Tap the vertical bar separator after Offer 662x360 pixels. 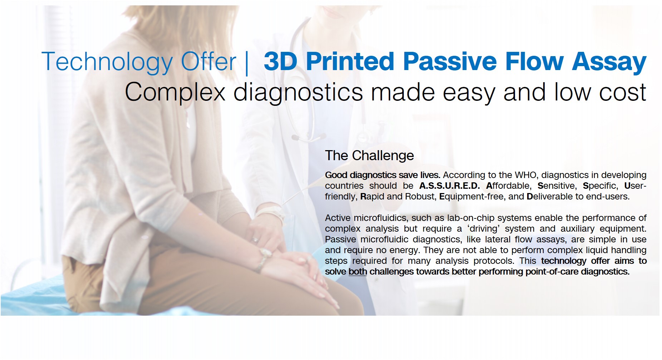tap(247, 63)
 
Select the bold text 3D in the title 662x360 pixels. tap(280, 61)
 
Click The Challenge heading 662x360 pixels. tap(369, 156)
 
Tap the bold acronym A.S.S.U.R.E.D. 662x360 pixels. tap(450, 186)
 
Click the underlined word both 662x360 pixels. tap(358, 272)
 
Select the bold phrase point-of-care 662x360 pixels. tap(552, 272)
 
